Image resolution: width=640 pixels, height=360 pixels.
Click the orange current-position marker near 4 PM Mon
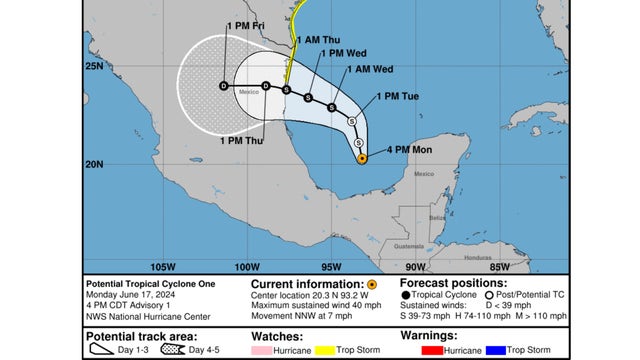pos(361,158)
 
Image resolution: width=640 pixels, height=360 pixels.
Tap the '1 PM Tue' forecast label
pos(396,96)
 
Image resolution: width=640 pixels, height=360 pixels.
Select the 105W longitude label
pos(162,266)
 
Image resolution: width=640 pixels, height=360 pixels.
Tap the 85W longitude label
pos(497,266)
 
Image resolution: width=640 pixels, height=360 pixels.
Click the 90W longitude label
pos(414,266)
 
